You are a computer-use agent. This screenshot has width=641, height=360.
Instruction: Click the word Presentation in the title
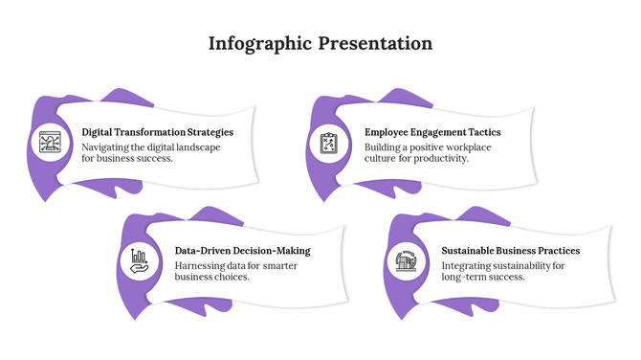[376, 44]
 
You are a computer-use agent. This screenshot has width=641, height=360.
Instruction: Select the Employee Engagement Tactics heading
[432, 132]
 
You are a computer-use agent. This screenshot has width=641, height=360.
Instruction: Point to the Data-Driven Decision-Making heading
[242, 251]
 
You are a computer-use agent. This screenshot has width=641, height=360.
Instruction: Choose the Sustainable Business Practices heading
[510, 251]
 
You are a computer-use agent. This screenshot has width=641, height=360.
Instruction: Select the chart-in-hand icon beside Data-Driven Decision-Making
[140, 261]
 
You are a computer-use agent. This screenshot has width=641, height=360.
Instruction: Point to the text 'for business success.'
[127, 158]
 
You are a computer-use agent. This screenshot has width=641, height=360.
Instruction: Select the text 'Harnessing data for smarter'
[235, 265]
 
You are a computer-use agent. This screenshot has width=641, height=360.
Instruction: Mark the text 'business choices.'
[212, 277]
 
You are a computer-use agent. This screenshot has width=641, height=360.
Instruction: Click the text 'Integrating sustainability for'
[503, 265]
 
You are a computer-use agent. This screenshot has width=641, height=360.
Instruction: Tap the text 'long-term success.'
[483, 277]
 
